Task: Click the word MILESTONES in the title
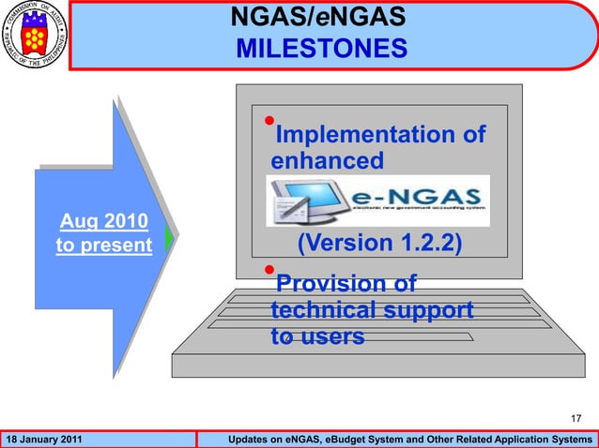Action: click(x=321, y=48)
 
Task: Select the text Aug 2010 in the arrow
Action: click(x=103, y=222)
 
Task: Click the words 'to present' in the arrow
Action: click(x=103, y=246)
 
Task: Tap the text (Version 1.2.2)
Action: click(x=379, y=244)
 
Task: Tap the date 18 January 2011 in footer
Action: click(x=44, y=440)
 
